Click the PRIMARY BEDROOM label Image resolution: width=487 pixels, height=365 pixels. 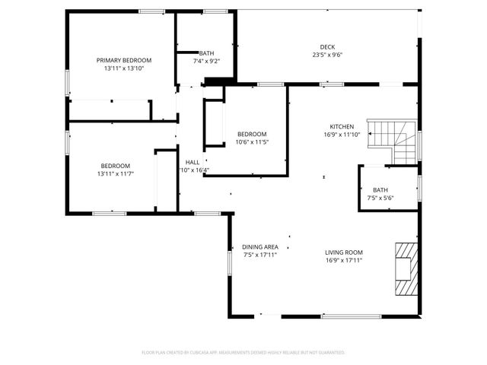123,60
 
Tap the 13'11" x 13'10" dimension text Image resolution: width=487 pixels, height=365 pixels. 123,68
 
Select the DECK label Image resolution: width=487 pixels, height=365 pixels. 327,46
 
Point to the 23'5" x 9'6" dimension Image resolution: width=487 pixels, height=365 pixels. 327,55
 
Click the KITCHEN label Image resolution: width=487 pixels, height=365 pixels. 342,126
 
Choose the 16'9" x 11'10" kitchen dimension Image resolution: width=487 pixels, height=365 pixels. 342,135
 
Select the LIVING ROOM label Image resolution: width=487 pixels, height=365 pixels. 344,252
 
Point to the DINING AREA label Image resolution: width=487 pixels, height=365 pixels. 260,247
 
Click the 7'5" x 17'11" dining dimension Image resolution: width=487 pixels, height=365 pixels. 260,255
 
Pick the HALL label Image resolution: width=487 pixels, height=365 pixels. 193,162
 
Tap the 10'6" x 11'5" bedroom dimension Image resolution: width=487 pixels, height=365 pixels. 253,141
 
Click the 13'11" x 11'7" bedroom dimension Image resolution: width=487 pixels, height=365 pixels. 116,174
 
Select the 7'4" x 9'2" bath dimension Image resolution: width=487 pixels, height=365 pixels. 206,61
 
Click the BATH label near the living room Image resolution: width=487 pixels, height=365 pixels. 379,190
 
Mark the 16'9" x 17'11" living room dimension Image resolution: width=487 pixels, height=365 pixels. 344,261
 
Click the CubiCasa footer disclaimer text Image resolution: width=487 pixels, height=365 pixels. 243,353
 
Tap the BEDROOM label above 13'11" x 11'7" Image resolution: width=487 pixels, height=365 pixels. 116,166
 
